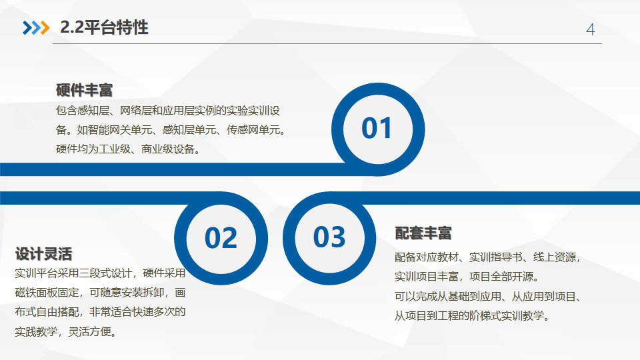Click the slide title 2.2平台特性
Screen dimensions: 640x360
click(104, 27)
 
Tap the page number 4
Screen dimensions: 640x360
click(590, 29)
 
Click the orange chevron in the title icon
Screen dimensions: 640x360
click(45, 28)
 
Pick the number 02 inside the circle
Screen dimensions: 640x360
click(221, 238)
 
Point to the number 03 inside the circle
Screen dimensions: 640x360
click(329, 237)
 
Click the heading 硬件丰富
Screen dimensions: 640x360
click(84, 90)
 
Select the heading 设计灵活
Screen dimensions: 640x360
click(44, 254)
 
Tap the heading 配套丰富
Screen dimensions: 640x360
click(423, 233)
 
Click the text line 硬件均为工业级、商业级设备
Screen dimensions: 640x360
click(125, 149)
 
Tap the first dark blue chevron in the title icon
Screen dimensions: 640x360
click(27, 28)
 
